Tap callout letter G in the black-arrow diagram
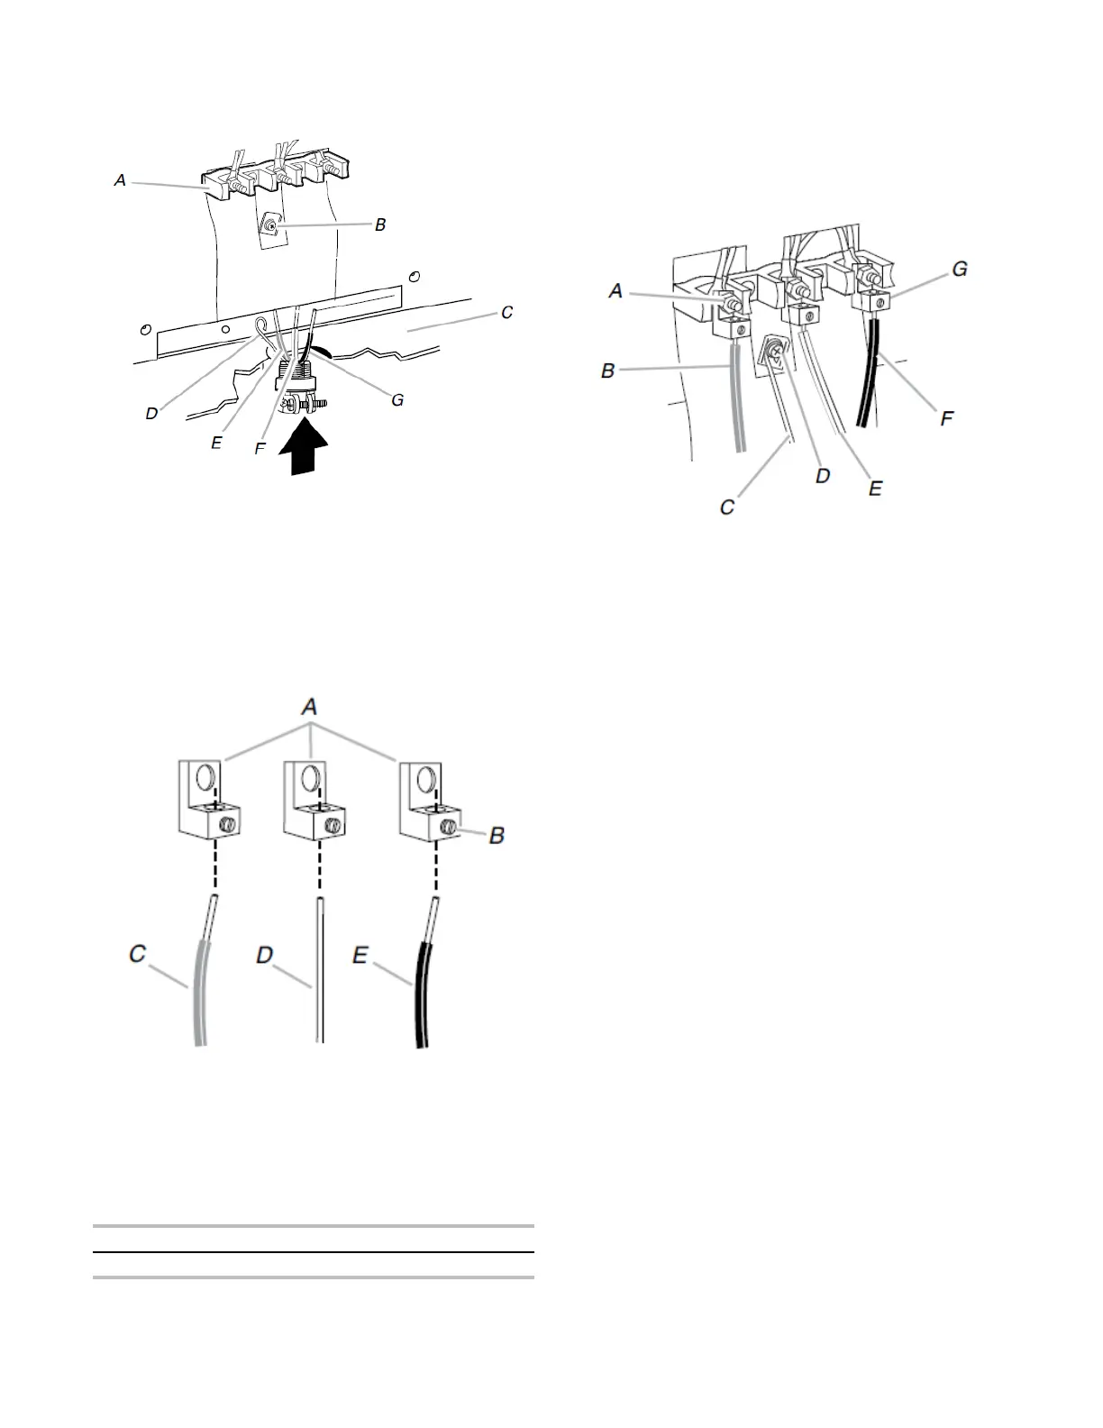tap(397, 398)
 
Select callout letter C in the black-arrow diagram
tap(507, 312)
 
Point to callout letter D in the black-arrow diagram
tap(152, 414)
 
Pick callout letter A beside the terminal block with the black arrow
tap(120, 180)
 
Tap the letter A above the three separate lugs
tap(310, 708)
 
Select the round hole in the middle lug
tap(310, 777)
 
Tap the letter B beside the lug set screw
tap(497, 836)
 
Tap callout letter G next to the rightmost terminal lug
tap(960, 268)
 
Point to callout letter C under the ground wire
tap(726, 507)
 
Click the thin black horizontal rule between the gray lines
tap(314, 1252)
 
